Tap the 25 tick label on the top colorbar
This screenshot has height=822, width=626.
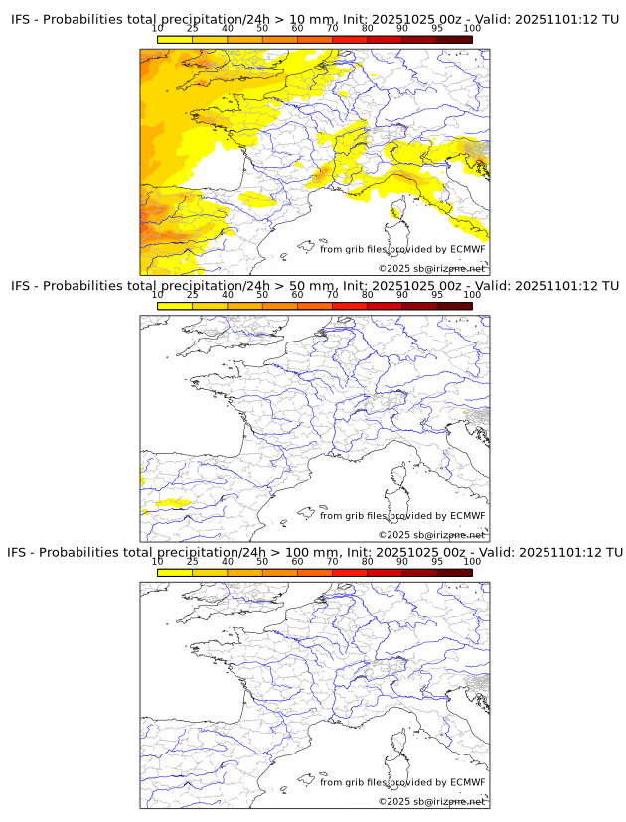pyautogui.click(x=193, y=28)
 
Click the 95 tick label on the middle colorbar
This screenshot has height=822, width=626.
pyautogui.click(x=437, y=295)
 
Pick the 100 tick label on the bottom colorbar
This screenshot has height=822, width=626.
pyautogui.click(x=472, y=561)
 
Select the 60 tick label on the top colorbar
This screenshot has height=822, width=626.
pyautogui.click(x=297, y=28)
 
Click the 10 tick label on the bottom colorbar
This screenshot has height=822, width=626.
pyautogui.click(x=158, y=561)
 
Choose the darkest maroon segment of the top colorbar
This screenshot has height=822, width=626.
pyautogui.click(x=454, y=39)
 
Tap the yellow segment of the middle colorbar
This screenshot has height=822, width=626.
pyautogui.click(x=175, y=306)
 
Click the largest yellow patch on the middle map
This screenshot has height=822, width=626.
pyautogui.click(x=173, y=503)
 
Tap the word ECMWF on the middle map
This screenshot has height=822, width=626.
pyautogui.click(x=467, y=515)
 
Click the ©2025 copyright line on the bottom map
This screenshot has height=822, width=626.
pyautogui.click(x=431, y=801)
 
